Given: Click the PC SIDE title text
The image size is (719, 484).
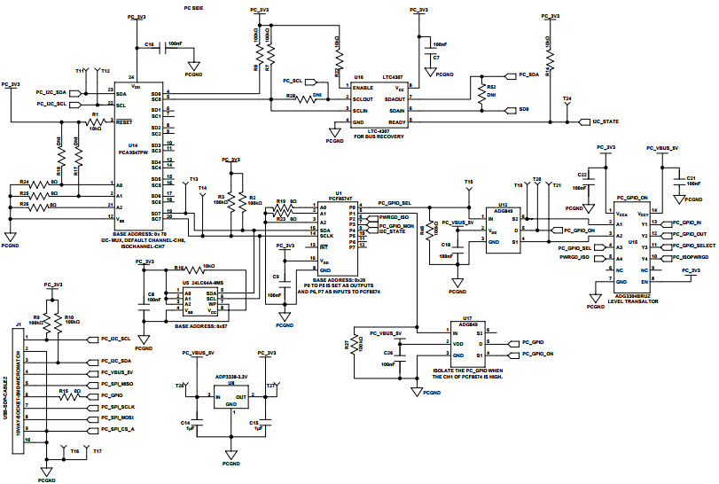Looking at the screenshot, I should pos(195,7).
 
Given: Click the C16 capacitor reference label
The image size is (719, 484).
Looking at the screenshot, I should pos(149,43).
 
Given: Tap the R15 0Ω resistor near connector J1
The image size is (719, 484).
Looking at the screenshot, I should pos(64,390).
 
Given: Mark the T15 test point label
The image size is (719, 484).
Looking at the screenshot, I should pos(469,181).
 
